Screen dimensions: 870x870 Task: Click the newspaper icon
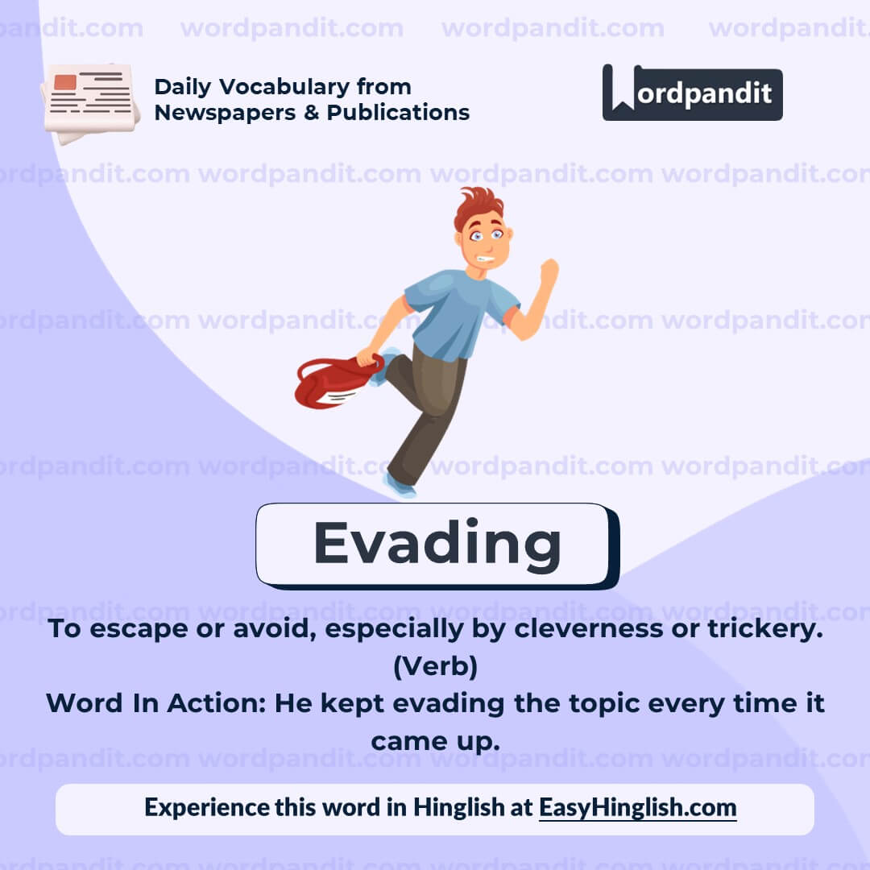tap(90, 103)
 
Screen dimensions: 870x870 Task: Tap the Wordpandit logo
tap(692, 93)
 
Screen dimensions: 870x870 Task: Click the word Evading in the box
tap(437, 545)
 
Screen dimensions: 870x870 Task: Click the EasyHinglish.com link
tap(637, 807)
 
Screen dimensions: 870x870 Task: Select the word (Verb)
tap(435, 666)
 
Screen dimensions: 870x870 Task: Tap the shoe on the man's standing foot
tap(400, 486)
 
